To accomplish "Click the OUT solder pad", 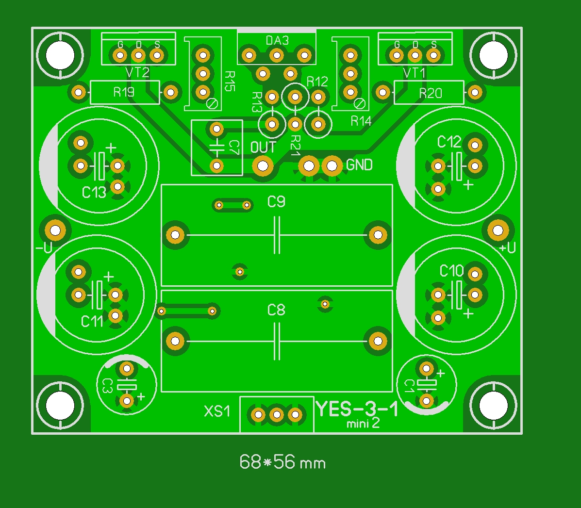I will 263,166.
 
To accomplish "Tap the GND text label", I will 359,165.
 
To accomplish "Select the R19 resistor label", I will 124,92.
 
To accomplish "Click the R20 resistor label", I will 431,93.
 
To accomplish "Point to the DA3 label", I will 277,40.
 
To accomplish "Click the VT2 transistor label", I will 137,73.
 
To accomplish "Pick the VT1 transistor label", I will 415,73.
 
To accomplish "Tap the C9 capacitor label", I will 277,201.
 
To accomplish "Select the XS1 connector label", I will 216,411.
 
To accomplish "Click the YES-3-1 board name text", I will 357,409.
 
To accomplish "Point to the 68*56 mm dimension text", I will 282,462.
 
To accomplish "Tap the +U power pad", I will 498,230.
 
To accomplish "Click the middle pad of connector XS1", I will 277,415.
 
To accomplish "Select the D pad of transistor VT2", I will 138,55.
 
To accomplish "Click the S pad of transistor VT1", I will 433,55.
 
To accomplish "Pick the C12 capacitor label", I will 449,142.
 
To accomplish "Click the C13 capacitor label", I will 94,193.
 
